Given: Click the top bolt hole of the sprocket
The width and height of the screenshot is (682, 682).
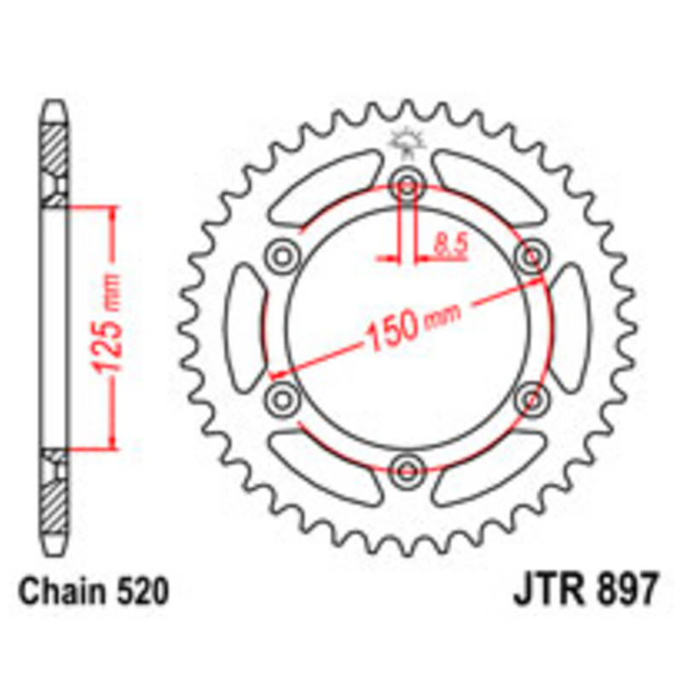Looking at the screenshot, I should tap(407, 185).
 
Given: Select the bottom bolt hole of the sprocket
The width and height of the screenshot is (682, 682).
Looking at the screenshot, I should tap(407, 466).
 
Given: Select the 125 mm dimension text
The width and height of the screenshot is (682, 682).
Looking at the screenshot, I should tap(109, 327).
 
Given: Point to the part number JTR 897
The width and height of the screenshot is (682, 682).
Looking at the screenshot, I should tap(585, 591).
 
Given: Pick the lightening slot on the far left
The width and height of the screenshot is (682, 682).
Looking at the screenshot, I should tap(244, 326).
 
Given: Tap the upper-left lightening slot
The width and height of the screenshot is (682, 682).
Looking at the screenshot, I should tap(325, 189).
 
